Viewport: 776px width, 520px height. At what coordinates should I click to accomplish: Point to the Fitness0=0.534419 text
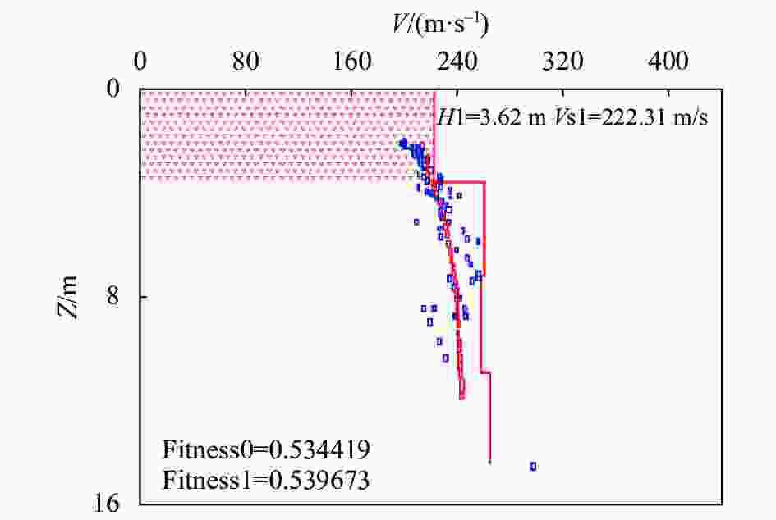pyautogui.click(x=265, y=449)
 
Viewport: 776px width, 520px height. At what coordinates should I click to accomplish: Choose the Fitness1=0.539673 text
pyautogui.click(x=265, y=478)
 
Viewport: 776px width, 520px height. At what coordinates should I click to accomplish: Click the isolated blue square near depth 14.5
pyautogui.click(x=533, y=466)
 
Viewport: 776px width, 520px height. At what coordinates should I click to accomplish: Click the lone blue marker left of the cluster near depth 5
pyautogui.click(x=416, y=221)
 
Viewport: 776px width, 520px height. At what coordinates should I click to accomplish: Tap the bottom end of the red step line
pyautogui.click(x=489, y=463)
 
